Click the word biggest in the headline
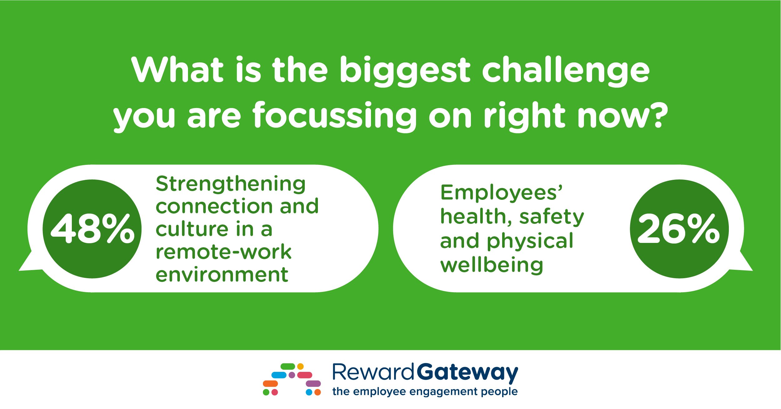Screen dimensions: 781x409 [405, 71]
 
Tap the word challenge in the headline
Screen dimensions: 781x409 [566, 71]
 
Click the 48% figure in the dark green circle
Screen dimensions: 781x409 [93, 229]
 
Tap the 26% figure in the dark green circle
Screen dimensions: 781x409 [679, 229]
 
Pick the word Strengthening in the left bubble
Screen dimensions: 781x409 [230, 184]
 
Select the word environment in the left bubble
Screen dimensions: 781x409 [222, 274]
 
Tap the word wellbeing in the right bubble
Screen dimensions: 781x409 [492, 265]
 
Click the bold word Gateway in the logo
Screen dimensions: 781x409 [467, 372]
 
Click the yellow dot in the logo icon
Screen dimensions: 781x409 [300, 366]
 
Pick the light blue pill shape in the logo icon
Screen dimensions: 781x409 [279, 375]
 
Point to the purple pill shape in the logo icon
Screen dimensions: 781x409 [313, 383]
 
